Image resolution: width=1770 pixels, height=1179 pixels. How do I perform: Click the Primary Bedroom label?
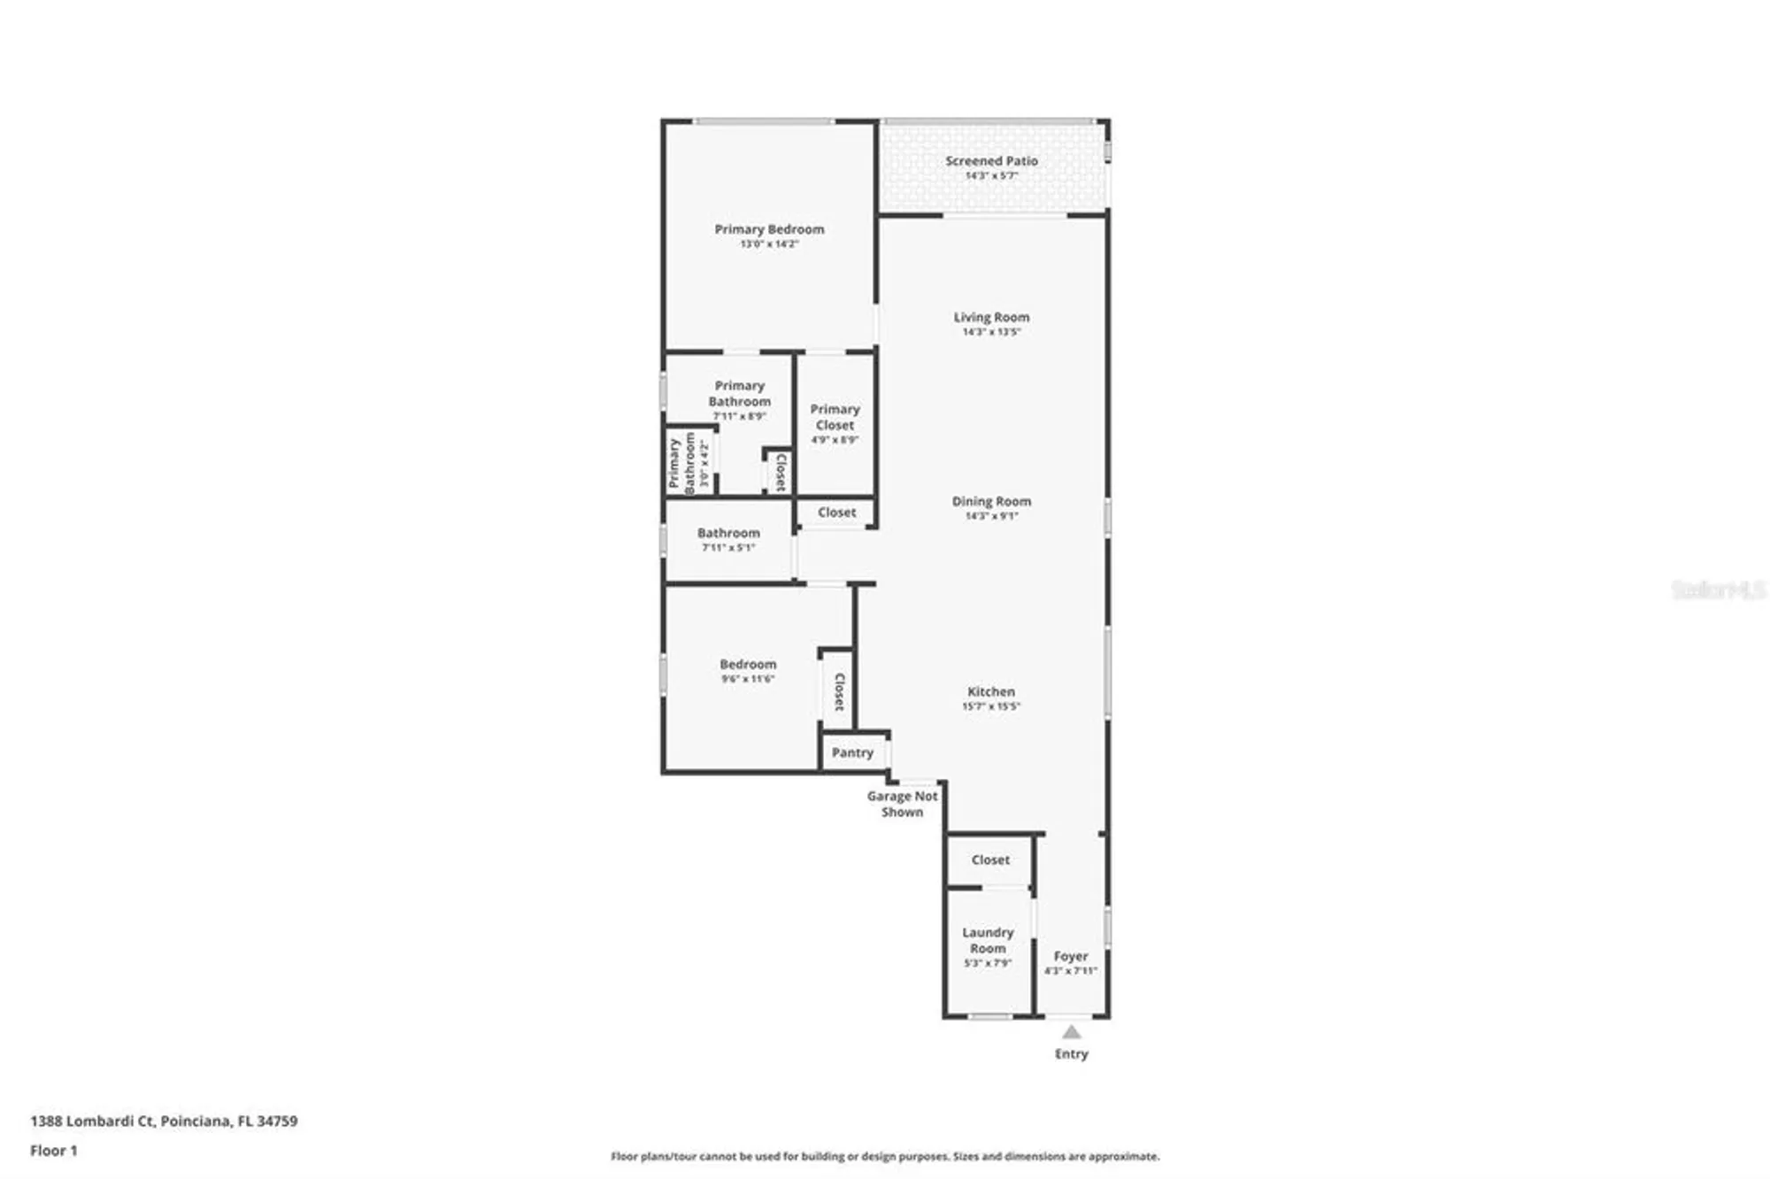769,229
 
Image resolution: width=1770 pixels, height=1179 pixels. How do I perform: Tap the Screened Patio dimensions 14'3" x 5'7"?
991,176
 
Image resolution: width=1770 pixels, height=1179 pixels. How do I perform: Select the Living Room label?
991,317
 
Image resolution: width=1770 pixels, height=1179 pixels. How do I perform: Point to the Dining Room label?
991,501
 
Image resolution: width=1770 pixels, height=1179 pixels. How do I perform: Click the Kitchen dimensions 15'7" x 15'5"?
991,706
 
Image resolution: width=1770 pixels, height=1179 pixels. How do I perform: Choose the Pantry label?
852,752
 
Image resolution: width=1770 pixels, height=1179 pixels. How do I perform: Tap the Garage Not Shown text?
902,804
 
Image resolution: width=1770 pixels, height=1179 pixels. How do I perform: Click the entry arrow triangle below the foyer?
1071,1032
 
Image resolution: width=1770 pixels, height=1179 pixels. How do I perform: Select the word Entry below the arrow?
1071,1053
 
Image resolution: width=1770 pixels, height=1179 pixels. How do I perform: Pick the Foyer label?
1071,956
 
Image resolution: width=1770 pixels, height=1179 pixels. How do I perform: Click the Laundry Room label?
988,940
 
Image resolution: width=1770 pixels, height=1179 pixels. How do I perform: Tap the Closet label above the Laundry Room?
989,859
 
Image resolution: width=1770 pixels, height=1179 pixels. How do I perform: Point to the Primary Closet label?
835,417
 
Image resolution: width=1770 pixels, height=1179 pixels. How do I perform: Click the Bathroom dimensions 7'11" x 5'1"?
728,548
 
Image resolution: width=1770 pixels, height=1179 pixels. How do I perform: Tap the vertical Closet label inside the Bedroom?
839,691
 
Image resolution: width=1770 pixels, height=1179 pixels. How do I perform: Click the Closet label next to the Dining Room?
836,512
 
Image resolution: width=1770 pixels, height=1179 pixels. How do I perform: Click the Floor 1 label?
54,1151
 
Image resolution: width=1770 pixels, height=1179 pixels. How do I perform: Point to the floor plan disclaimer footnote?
885,1156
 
